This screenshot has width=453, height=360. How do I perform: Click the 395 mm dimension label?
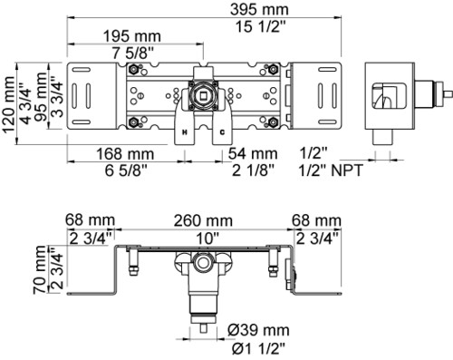coord(259,9)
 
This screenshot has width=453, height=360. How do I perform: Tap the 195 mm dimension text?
coord(132,36)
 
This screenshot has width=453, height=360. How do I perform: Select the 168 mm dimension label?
coord(125,154)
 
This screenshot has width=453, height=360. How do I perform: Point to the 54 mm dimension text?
coord(253,153)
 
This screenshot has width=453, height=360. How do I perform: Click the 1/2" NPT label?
coord(331,170)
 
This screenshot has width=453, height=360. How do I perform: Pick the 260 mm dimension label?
coord(203,220)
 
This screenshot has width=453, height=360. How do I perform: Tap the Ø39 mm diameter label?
coord(258,330)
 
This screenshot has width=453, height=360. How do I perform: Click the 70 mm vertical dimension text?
coord(40,269)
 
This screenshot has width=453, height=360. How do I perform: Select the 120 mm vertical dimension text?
coord(8,104)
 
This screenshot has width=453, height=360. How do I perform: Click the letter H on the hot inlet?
coord(184,132)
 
